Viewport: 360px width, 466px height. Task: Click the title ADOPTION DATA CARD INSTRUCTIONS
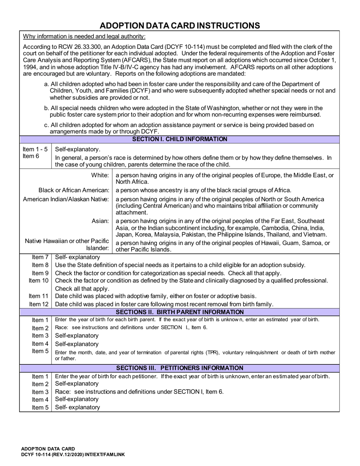coord(180,25)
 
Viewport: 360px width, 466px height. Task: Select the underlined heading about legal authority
coord(84,36)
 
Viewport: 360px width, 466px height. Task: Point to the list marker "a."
coord(47,84)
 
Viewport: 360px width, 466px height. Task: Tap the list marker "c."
coord(47,125)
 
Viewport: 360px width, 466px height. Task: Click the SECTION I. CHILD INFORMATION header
coord(180,139)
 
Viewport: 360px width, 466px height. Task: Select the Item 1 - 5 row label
coord(35,149)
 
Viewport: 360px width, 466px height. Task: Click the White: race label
coord(100,175)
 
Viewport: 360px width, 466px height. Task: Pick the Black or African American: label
coord(74,190)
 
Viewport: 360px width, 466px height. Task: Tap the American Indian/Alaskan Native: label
coord(66,199)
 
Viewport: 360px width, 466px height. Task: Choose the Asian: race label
coord(101,221)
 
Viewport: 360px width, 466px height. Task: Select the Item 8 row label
coord(40,265)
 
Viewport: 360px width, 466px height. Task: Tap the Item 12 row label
coord(39,304)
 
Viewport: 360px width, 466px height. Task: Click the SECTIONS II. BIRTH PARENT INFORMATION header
coord(180,312)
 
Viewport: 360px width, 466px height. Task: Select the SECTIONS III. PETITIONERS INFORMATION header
coord(180,368)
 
